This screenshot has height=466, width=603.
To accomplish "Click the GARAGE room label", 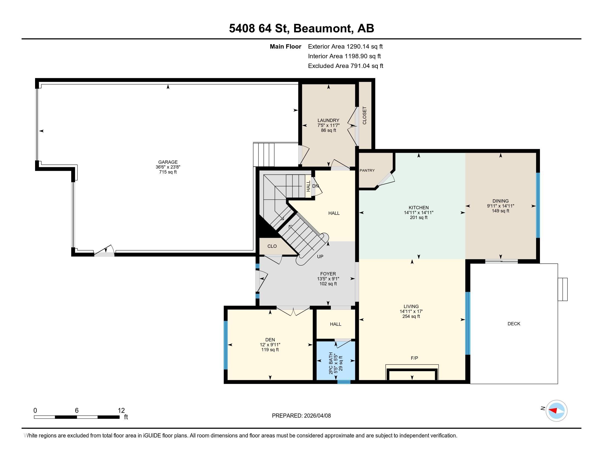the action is [x=168, y=162].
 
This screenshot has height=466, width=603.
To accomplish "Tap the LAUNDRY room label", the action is [x=328, y=120].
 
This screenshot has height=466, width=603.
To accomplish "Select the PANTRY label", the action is [x=367, y=171].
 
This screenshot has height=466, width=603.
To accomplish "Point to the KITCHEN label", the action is [x=419, y=208].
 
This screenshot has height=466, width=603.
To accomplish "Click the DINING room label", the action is [x=500, y=201].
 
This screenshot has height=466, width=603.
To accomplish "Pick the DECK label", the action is [x=514, y=323].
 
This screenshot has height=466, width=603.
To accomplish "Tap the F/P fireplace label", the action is [x=414, y=358].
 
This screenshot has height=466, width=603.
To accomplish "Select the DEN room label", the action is [x=270, y=340].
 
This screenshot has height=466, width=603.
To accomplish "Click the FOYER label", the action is [x=328, y=274].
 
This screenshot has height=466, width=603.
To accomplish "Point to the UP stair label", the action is [x=320, y=257].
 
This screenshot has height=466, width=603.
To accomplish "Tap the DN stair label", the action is [x=315, y=186].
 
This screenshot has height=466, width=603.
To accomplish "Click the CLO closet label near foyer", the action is [x=272, y=246].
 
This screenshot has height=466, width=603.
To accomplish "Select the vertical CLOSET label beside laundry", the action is [x=365, y=115].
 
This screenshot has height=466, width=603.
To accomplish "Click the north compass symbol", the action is [x=556, y=411].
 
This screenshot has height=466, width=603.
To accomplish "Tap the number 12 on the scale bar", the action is [x=121, y=411].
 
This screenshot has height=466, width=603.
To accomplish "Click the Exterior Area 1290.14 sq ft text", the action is [x=345, y=46].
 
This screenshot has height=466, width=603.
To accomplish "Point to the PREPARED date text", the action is [x=301, y=416].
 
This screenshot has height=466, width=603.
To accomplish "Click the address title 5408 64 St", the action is [x=259, y=29].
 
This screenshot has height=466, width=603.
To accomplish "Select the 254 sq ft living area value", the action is [x=411, y=316].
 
